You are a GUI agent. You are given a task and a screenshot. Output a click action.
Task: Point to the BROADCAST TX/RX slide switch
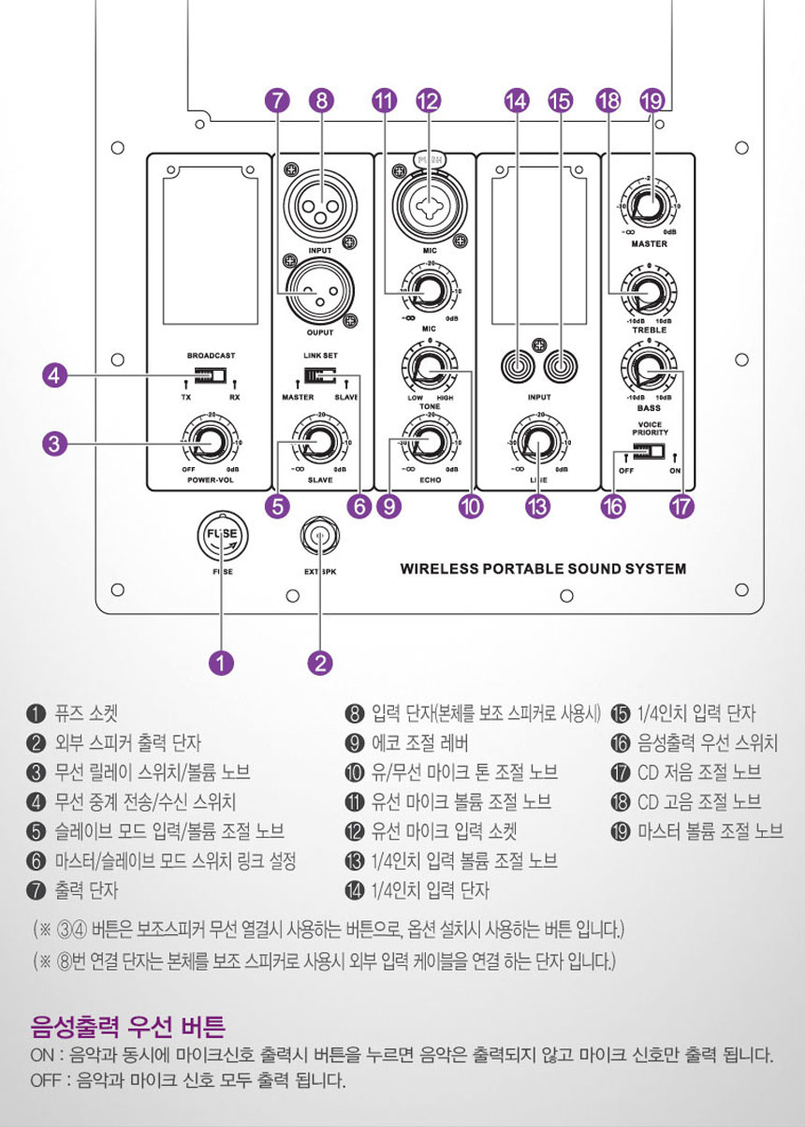pos(211,376)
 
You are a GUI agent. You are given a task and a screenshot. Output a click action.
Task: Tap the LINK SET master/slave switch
pos(319,378)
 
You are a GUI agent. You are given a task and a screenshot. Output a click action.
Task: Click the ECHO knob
pos(430,442)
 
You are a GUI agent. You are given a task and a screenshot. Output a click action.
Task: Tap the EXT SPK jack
pos(320,536)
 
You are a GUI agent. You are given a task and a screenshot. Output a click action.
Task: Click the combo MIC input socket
pos(429,198)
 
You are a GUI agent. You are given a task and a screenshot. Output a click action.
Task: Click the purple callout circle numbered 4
pos(56,376)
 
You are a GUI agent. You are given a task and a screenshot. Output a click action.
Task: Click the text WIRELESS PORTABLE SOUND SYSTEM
pos(543,568)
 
